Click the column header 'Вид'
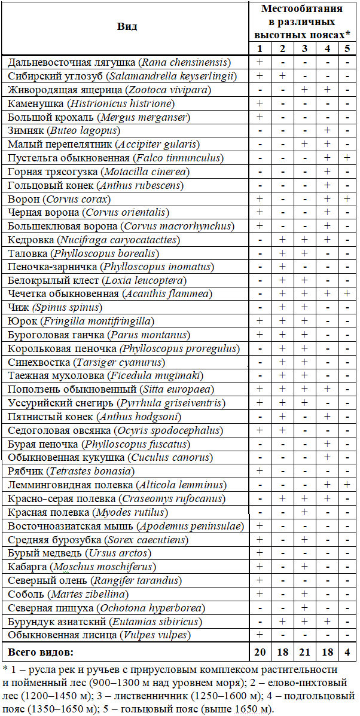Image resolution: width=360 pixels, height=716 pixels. (126, 26)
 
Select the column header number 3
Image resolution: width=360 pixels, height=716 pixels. (305, 48)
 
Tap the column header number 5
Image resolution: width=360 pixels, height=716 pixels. (347, 48)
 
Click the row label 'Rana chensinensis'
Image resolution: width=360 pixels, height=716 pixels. (120, 62)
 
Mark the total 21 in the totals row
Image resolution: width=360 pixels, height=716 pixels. (305, 650)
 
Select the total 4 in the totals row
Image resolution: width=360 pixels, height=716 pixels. (347, 650)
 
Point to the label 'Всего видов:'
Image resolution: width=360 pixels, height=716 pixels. (40, 650)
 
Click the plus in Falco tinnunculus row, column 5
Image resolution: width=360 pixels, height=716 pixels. (347, 158)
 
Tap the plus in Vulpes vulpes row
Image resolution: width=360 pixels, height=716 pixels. (260, 634)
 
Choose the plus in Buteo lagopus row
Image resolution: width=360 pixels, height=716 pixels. (327, 130)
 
